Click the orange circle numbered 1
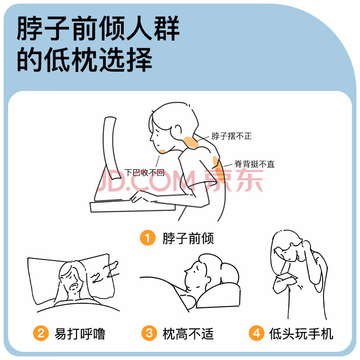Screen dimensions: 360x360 [148, 238]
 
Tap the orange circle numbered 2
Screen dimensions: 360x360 [41, 333]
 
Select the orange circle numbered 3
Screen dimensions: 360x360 [149, 333]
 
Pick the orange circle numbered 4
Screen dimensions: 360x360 [256, 333]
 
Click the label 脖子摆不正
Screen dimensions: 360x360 [231, 136]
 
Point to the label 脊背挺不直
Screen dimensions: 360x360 [254, 164]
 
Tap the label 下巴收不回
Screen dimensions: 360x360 [144, 172]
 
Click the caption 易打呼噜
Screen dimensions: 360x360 [80, 333]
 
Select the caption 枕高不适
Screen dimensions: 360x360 [188, 333]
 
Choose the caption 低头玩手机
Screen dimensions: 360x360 [301, 333]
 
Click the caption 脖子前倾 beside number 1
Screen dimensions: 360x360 [188, 238]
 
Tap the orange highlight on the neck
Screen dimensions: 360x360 [191, 143]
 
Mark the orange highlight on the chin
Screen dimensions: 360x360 [162, 151]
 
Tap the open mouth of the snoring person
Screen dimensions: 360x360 [74, 287]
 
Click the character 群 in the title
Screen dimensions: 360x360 [166, 28]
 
